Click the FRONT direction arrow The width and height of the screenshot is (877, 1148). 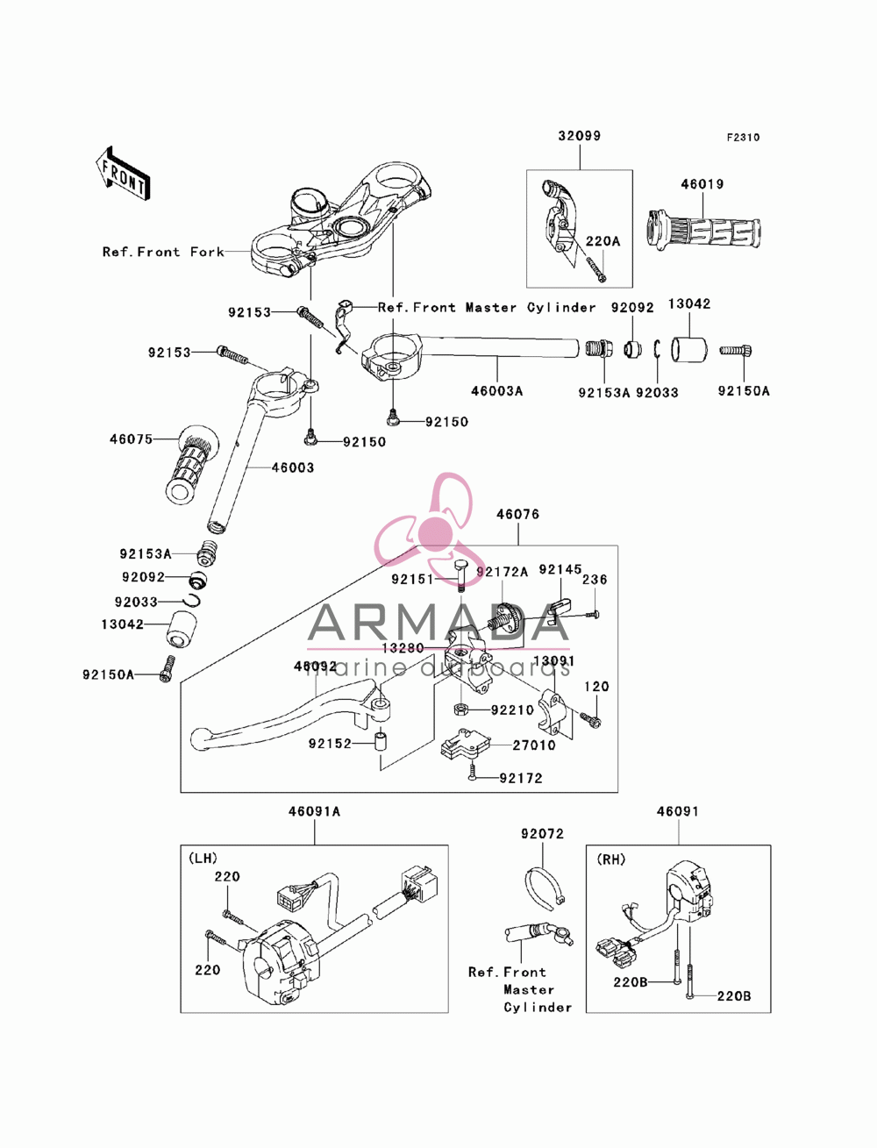(x=123, y=173)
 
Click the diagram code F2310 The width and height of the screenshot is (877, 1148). (x=743, y=138)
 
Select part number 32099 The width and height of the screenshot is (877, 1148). (x=580, y=136)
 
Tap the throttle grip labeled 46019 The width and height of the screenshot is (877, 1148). (x=704, y=231)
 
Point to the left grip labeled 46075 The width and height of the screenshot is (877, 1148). (x=191, y=465)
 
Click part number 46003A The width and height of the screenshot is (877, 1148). (x=496, y=390)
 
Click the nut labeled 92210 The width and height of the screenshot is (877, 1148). (x=460, y=709)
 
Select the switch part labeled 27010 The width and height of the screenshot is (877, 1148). (x=465, y=744)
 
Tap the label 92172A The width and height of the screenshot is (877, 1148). (x=502, y=572)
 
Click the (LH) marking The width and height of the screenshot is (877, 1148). (x=203, y=859)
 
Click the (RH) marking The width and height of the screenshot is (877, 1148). (x=610, y=859)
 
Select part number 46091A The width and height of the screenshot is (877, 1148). (x=314, y=811)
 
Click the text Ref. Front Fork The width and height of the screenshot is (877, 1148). (x=163, y=252)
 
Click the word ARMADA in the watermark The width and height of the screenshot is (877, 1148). (x=438, y=623)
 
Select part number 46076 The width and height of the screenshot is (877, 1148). (x=517, y=514)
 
